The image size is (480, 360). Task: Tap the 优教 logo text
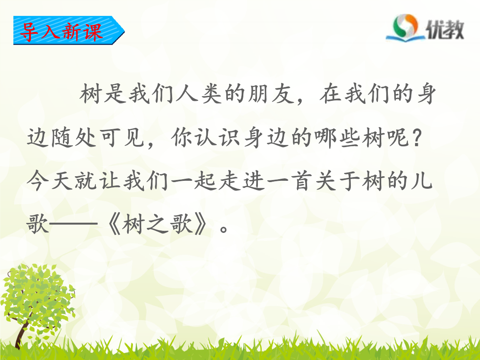(x=445, y=30)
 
